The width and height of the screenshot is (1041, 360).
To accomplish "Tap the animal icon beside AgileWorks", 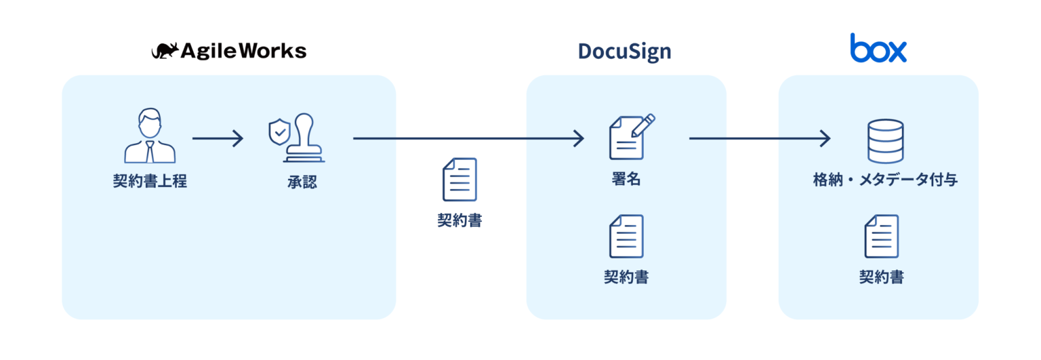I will [165, 51].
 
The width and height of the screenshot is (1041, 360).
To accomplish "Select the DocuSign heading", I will [624, 52].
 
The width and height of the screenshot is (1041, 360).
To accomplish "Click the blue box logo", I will [878, 48].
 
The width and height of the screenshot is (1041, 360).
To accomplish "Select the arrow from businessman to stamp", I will [218, 139].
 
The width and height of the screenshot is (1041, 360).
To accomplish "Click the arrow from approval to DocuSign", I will [468, 139].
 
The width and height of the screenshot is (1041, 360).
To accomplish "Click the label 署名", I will [626, 180].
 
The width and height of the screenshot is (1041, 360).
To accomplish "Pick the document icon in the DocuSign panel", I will [626, 236].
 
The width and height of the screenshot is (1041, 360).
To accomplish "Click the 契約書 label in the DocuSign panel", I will [626, 277].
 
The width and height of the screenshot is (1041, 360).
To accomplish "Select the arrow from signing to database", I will [759, 139].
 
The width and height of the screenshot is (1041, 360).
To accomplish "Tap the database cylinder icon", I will [886, 141].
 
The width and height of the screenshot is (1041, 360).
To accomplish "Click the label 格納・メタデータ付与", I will [885, 180].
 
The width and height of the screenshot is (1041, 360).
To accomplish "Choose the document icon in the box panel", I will [881, 236].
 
